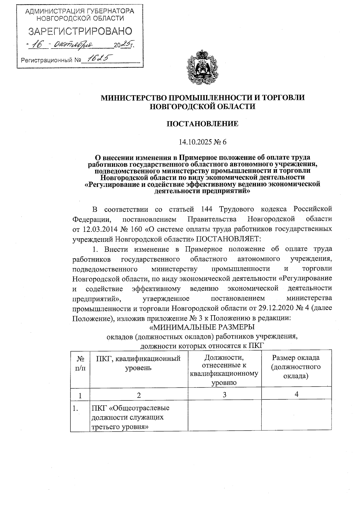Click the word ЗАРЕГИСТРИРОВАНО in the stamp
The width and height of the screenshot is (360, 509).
[80, 31]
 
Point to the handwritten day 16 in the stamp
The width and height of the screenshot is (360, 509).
[38, 45]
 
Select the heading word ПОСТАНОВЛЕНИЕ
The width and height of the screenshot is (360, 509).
[202, 124]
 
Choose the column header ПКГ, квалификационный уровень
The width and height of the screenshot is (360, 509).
[138, 363]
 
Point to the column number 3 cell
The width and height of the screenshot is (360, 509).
[224, 395]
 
